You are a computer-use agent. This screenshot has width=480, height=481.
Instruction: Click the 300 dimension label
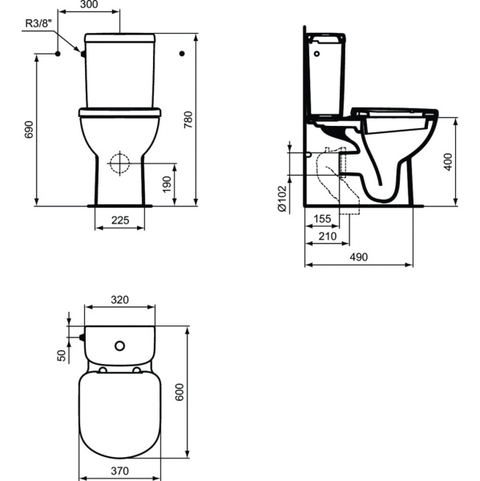tap(89, 4)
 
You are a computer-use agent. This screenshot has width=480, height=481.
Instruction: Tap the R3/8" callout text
tap(38, 23)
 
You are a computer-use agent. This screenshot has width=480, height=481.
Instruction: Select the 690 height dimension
tap(29, 129)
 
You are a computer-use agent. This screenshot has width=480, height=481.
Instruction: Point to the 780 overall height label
tap(188, 119)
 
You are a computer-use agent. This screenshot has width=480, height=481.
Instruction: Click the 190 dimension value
tap(167, 184)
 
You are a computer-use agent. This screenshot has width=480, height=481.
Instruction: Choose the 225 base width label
tap(120, 220)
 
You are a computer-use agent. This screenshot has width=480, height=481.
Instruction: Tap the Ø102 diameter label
tap(282, 199)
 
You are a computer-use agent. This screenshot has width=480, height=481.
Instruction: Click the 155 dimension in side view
tap(322, 219)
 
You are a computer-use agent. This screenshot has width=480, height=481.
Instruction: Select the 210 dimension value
tap(328, 236)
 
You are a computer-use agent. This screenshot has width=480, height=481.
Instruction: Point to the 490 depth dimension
tap(359, 257)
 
